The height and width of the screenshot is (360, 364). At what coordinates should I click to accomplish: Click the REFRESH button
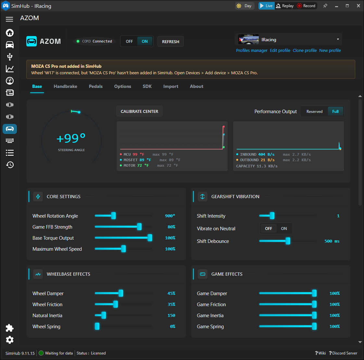coord(170,42)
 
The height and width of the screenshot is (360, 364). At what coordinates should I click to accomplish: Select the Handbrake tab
coord(66,87)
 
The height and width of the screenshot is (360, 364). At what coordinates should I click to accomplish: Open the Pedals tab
coord(96,87)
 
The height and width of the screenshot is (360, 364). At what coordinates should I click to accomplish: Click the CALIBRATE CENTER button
coord(139,112)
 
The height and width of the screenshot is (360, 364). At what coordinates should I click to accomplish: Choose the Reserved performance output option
coord(314,112)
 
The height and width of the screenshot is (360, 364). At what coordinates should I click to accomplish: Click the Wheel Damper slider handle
coord(121,293)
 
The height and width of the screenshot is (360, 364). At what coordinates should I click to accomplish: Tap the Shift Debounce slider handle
coord(288,241)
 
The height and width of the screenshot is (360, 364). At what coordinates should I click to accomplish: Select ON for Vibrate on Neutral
coord(284,229)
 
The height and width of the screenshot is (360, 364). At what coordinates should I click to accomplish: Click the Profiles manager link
coord(252,51)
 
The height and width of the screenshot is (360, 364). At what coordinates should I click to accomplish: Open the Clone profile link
coord(305,51)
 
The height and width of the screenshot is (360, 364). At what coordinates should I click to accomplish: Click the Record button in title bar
coord(307,6)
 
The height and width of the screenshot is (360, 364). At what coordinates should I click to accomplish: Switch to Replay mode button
coord(285,6)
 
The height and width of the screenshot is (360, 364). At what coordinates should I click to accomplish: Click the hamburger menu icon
coord(9,19)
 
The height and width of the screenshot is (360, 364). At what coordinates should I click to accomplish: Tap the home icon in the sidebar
coord(10,33)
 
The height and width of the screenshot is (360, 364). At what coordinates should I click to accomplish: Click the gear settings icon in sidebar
coord(10,340)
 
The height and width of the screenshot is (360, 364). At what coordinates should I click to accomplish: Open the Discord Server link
coord(343,353)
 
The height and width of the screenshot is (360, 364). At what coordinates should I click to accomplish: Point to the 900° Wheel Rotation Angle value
coord(170,216)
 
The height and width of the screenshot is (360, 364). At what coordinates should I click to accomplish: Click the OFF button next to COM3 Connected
coord(129,42)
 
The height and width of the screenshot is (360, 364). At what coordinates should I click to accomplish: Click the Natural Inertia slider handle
coord(104,315)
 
